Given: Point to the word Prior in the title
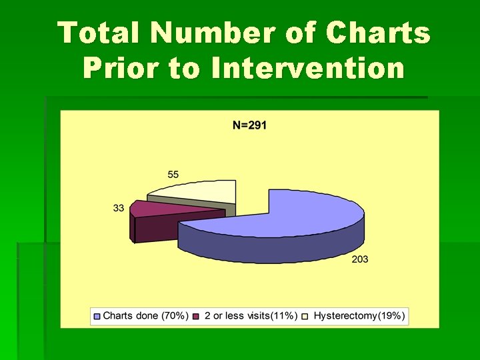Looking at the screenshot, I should click(x=121, y=68).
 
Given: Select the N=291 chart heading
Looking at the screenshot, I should click(x=249, y=125).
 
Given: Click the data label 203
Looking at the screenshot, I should click(x=360, y=259).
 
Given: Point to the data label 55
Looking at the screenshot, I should click(x=173, y=175).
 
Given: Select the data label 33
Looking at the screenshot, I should click(x=119, y=208).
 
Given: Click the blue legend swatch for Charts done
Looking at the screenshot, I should click(x=97, y=316).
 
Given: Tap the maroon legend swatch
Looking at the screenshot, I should click(x=196, y=316).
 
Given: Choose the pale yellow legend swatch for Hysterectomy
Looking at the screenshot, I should click(x=305, y=316).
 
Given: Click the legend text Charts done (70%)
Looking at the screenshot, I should click(x=145, y=316).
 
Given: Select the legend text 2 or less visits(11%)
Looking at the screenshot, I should click(x=250, y=316).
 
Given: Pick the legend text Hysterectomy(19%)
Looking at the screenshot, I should click(x=359, y=316).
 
